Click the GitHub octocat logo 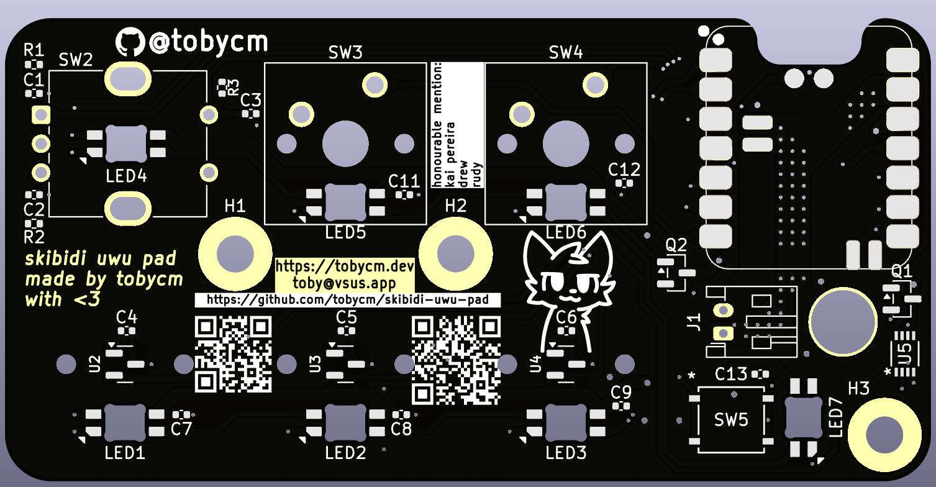click(130, 43)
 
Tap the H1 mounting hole click(234, 253)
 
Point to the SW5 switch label click(731, 421)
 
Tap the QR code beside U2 click(234, 354)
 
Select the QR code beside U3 click(456, 360)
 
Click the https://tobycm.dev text click(345, 267)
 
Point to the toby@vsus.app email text click(345, 283)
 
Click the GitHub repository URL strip click(348, 300)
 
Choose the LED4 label click(126, 176)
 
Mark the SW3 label click(345, 53)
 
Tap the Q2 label click(676, 245)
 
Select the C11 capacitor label click(404, 181)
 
